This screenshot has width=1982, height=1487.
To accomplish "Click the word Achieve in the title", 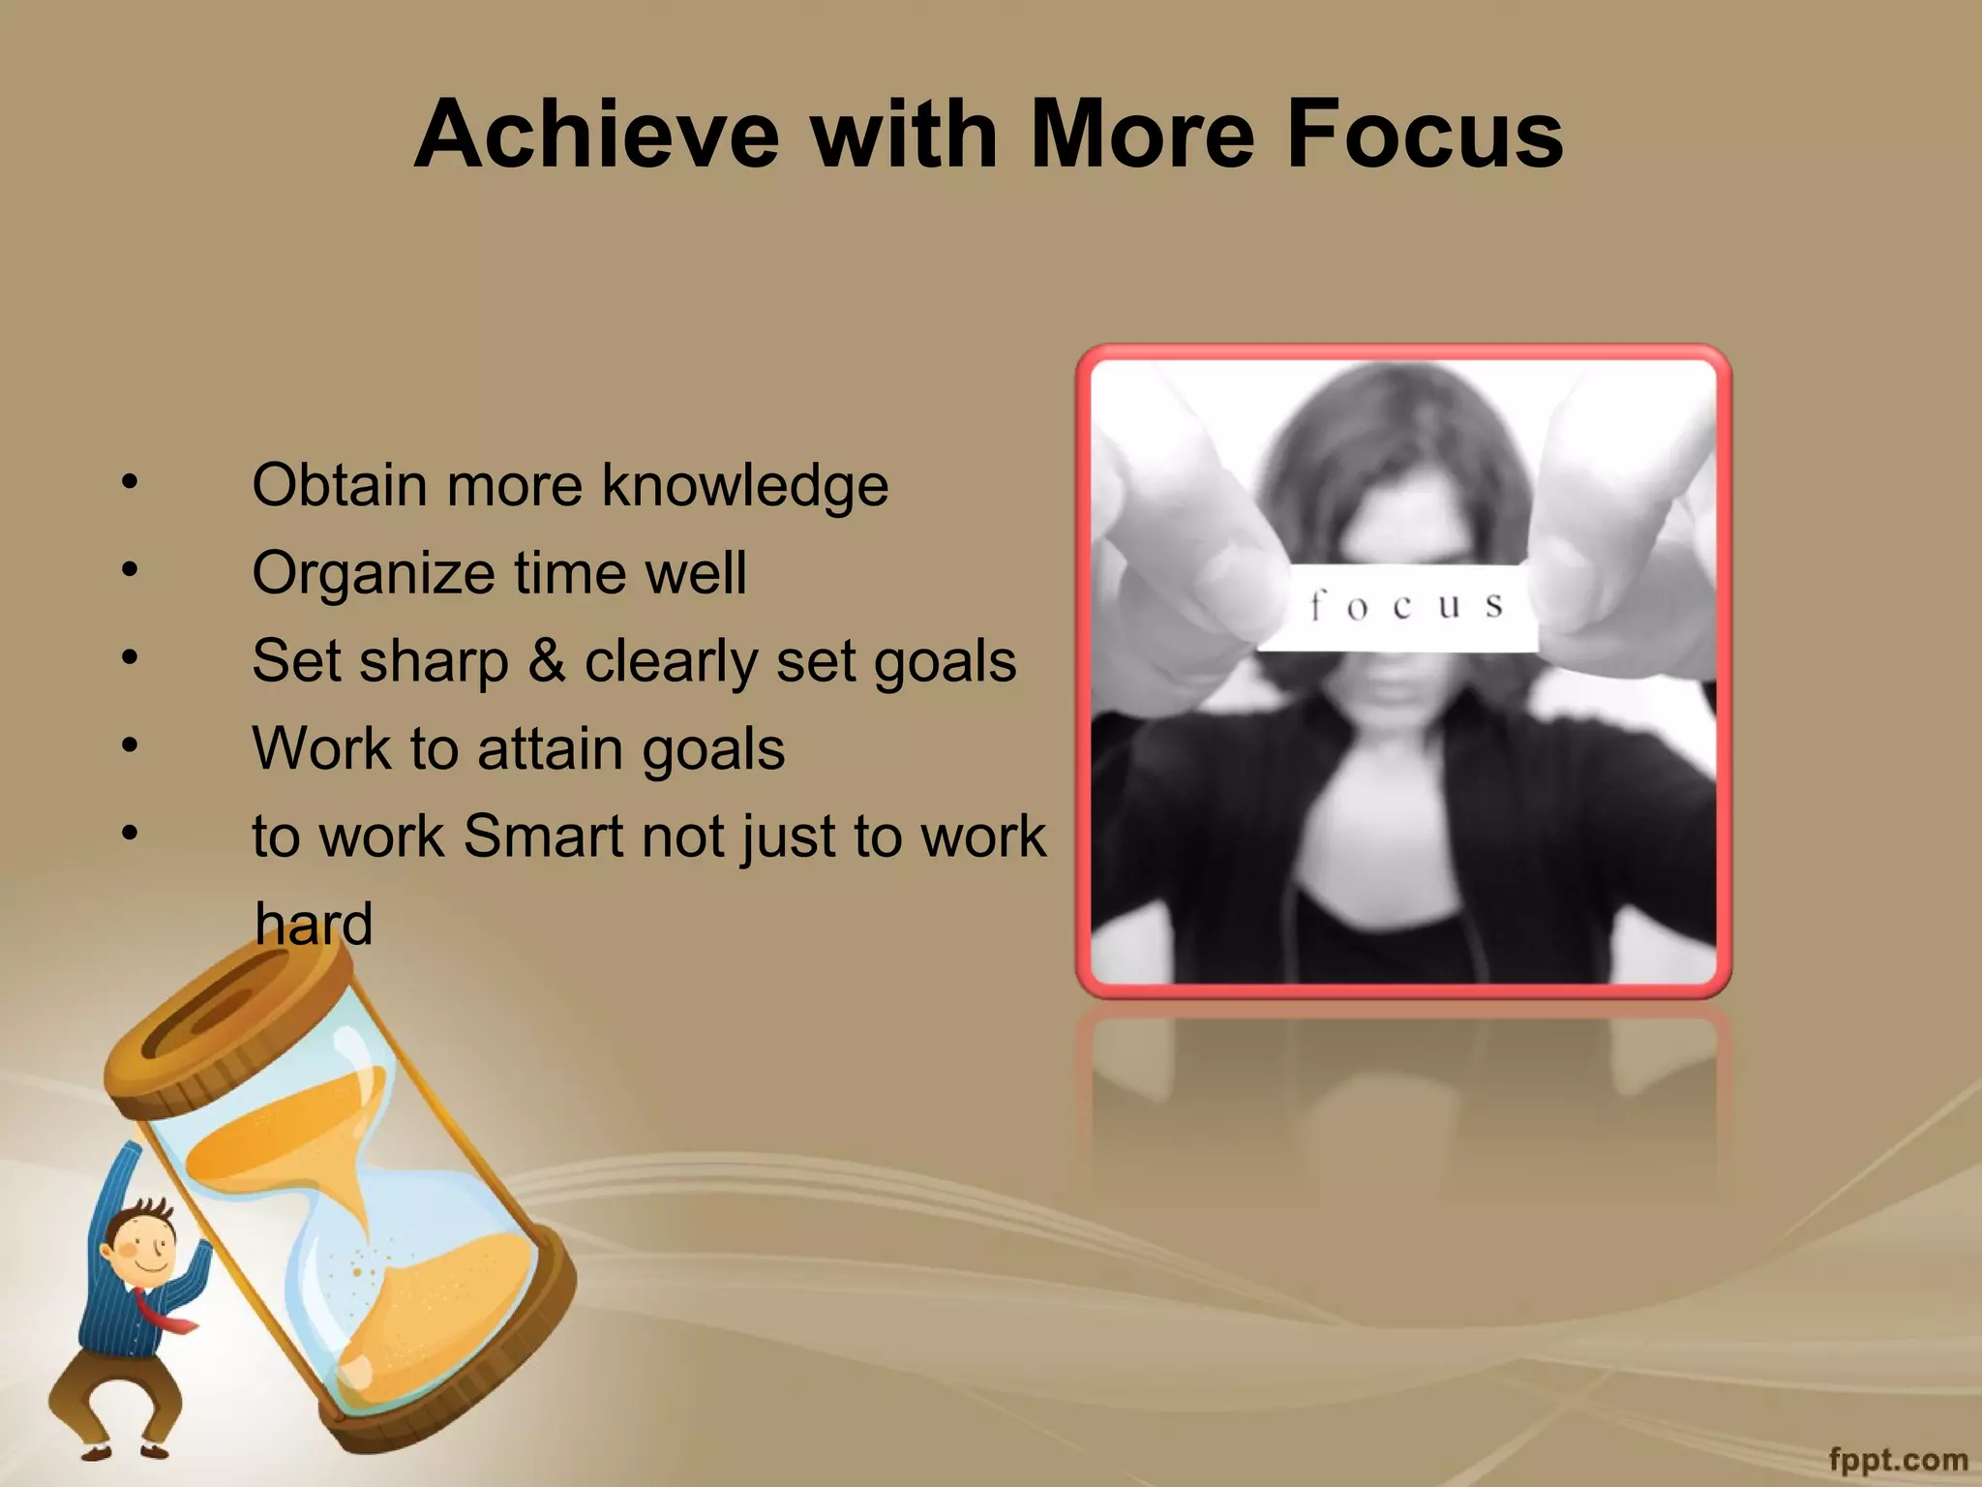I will point(596,136).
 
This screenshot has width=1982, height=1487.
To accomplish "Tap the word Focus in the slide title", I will point(1424,136).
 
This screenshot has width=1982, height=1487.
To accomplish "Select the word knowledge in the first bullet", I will point(744,486).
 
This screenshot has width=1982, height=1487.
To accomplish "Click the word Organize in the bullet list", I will point(373,574).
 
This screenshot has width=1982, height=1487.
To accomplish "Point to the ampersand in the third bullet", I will point(547,661).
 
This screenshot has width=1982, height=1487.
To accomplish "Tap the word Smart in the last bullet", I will point(543,836).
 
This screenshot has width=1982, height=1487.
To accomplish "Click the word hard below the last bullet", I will point(314,925).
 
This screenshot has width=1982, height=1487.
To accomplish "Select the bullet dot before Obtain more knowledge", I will point(130,481).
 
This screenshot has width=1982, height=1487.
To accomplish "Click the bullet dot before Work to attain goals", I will point(130,745).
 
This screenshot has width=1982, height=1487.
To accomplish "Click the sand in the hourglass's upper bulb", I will point(290,1133).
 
